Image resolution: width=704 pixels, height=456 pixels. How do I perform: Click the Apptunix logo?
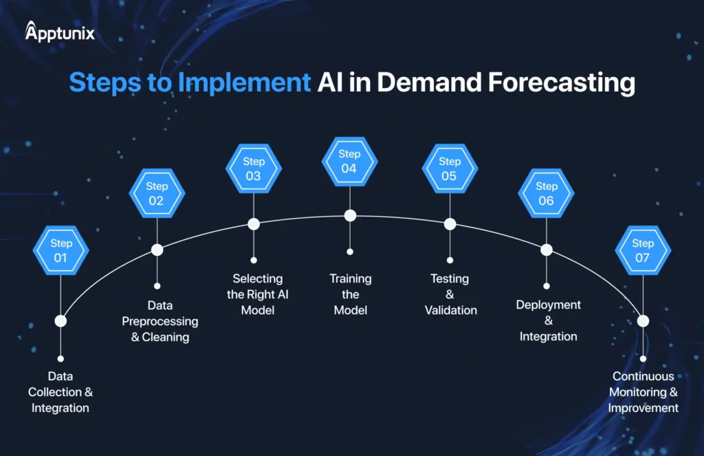[x=60, y=32]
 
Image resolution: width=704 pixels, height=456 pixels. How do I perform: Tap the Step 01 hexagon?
[x=60, y=250]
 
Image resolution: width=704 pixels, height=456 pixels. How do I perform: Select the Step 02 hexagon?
[x=157, y=193]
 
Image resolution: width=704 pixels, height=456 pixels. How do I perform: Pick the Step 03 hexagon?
[x=253, y=169]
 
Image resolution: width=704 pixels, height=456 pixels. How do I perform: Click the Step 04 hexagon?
[x=349, y=161]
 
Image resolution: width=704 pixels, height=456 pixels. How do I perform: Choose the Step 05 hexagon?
[x=450, y=169]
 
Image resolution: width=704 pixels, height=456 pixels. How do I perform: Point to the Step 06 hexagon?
[x=547, y=193]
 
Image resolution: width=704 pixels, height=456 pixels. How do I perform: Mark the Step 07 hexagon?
[x=643, y=250]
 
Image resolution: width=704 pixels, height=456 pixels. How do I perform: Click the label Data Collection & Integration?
[x=60, y=392]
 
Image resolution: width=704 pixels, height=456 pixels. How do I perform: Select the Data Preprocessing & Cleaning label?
[x=160, y=321]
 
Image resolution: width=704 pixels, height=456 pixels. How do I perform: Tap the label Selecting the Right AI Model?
[x=258, y=294]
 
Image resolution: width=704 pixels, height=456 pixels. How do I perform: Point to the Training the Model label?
[x=351, y=294]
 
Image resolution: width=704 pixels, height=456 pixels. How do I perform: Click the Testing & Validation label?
[x=450, y=294]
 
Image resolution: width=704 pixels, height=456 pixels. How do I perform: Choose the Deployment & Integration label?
[x=549, y=321]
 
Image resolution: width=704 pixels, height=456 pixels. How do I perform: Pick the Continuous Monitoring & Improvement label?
[x=643, y=392]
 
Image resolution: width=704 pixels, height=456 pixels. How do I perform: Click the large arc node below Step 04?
[x=350, y=215]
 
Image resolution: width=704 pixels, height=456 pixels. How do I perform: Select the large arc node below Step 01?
[x=60, y=321]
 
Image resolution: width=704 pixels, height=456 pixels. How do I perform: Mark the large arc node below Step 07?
[x=643, y=321]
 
